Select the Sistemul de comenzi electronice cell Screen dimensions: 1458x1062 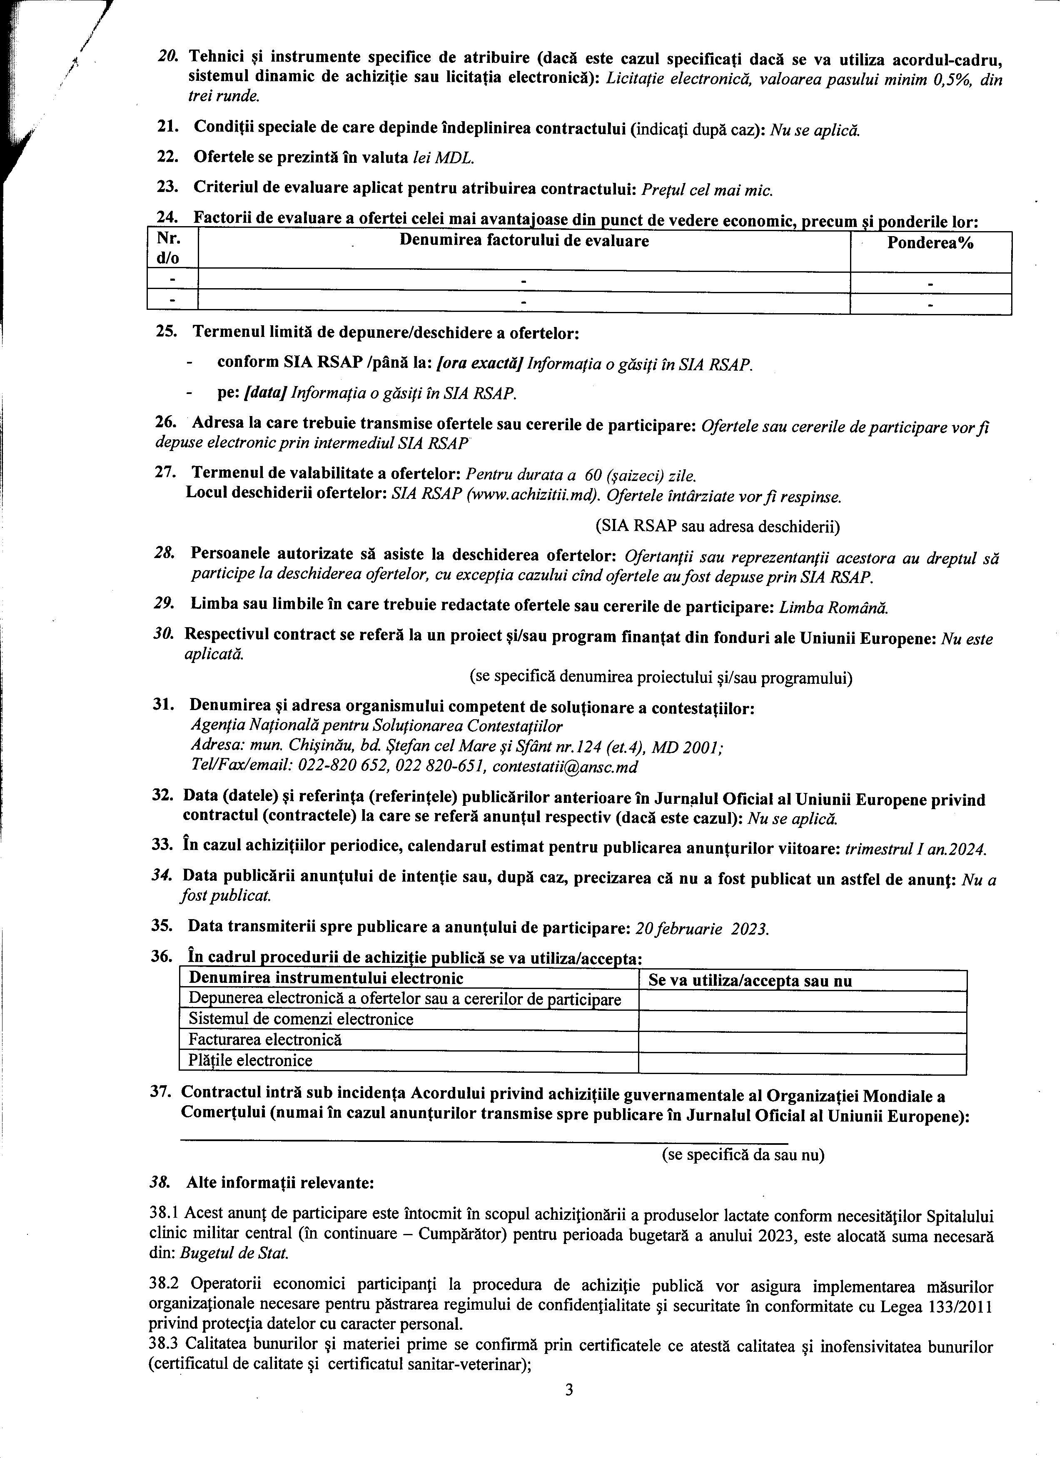(301, 1019)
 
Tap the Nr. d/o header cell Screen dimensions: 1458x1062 (168, 249)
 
